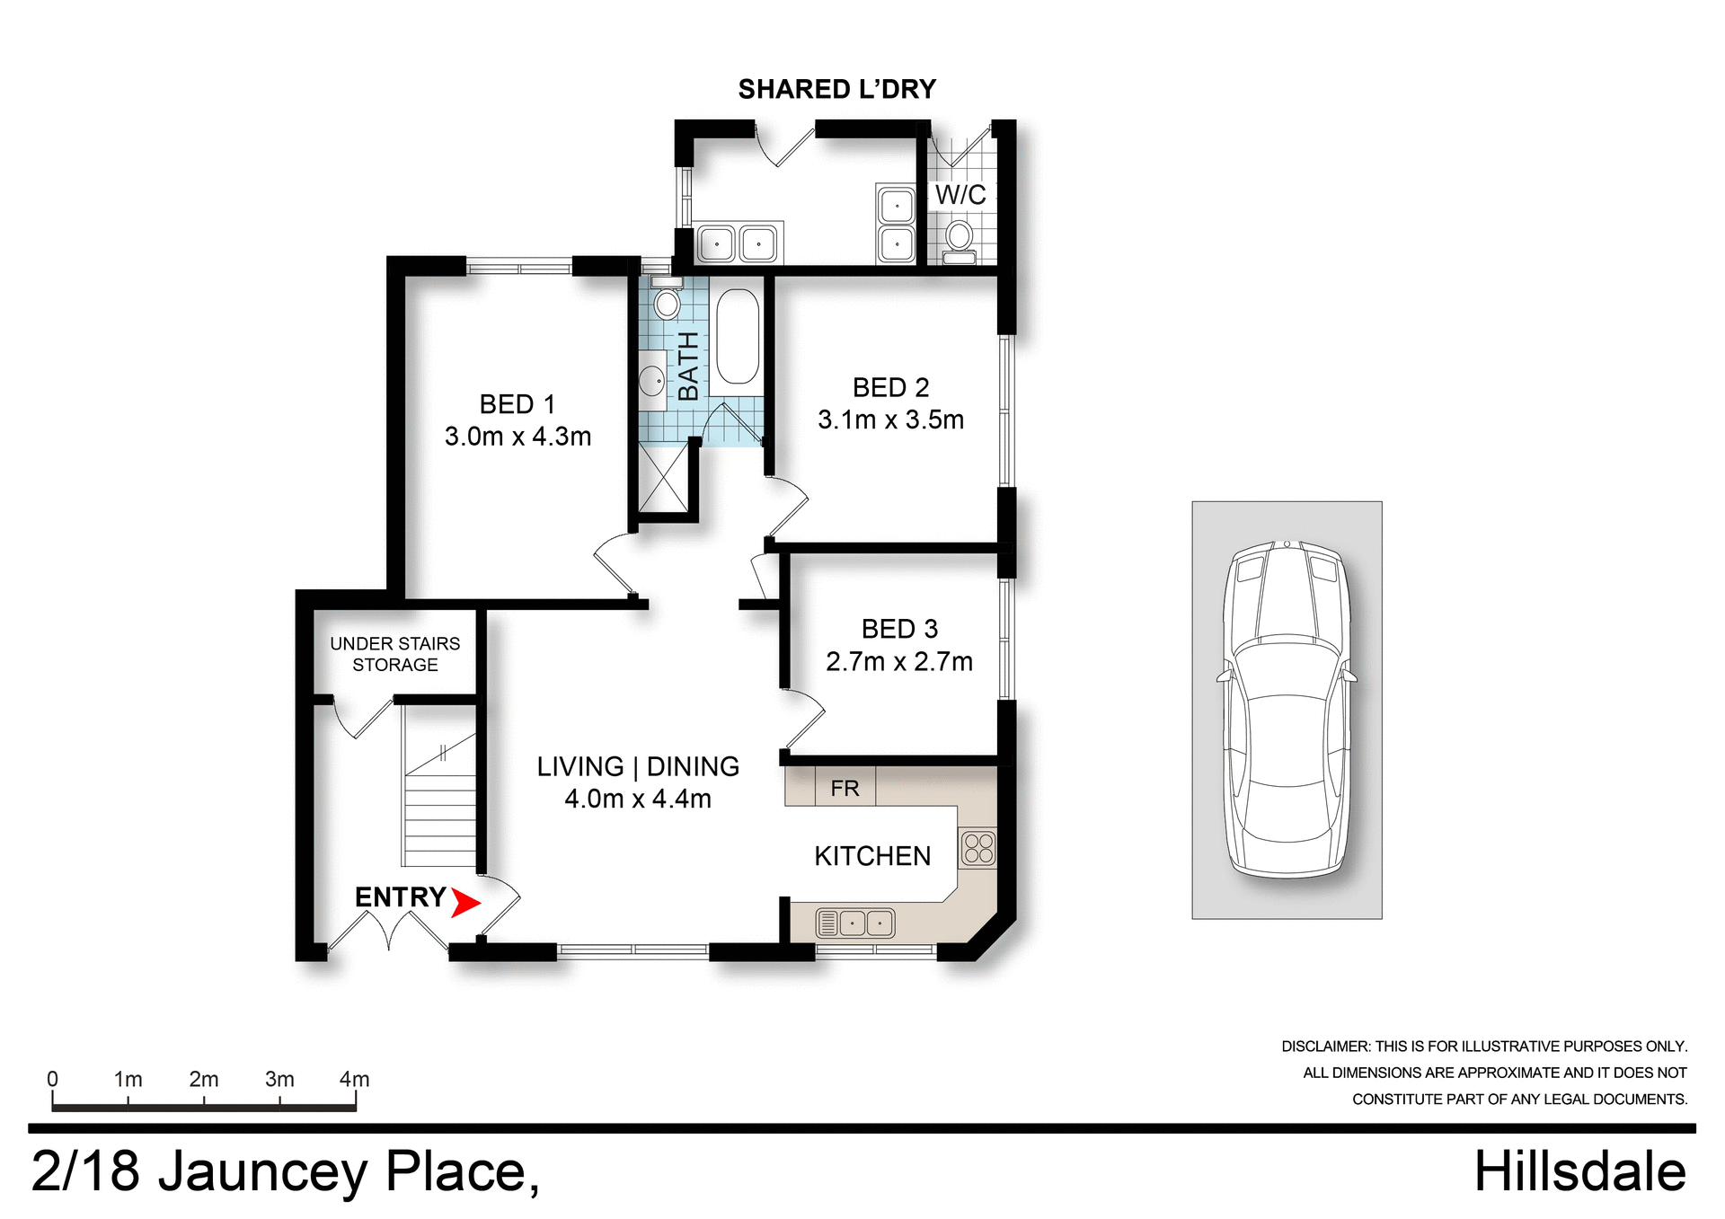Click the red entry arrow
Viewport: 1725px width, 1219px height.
point(464,902)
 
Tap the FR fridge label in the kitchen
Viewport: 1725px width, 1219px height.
point(845,789)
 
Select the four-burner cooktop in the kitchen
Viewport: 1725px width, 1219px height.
point(978,848)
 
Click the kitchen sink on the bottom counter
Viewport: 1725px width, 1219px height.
point(854,923)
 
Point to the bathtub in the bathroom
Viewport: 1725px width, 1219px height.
point(738,337)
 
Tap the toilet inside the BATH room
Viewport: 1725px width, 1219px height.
point(667,300)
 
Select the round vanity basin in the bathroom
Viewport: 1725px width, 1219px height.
point(652,381)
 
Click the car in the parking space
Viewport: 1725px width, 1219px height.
point(1287,709)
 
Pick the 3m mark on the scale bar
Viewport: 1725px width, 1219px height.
point(279,1080)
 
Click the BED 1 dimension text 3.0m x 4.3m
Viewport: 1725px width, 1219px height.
point(517,437)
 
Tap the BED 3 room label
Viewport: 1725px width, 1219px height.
point(899,629)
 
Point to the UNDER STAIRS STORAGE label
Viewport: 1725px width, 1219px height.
point(394,654)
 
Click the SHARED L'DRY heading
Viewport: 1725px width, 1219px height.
point(836,89)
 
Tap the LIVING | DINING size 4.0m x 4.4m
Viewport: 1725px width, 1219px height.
point(637,799)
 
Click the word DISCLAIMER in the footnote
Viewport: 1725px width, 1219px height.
point(1324,1047)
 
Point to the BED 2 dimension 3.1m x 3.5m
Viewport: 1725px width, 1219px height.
point(890,420)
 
